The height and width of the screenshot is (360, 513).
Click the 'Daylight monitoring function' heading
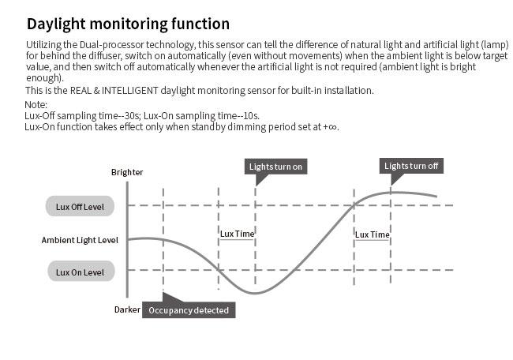(x=128, y=24)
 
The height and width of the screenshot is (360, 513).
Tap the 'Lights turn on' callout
(x=275, y=167)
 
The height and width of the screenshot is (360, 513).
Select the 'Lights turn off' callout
(x=411, y=166)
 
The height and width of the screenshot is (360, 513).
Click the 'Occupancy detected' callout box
(x=189, y=310)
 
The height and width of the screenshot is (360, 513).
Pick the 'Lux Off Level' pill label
(x=80, y=207)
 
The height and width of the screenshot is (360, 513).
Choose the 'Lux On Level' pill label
(x=81, y=272)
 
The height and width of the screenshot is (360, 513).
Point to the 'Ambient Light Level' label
(x=80, y=240)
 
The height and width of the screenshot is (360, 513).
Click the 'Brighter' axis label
(x=127, y=172)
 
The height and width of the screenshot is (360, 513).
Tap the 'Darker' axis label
(x=127, y=309)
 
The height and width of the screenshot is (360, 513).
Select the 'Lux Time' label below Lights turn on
(x=237, y=234)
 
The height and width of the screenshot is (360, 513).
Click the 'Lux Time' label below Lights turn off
(x=372, y=234)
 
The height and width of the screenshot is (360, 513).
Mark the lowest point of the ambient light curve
(x=255, y=293)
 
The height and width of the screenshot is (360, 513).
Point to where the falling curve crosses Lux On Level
(x=218, y=270)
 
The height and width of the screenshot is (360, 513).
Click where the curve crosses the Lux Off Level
(x=354, y=205)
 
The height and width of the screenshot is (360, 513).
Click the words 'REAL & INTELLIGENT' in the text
(x=114, y=90)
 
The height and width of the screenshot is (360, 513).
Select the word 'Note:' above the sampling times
(x=36, y=105)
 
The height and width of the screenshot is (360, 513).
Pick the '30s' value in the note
(x=133, y=116)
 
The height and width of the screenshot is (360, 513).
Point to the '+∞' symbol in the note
(x=330, y=127)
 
